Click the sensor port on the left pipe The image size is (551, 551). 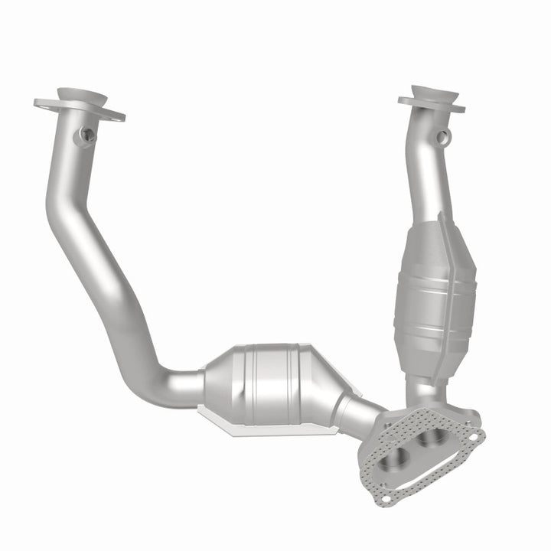(86, 135)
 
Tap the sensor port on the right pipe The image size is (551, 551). (442, 137)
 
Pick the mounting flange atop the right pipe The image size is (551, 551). (431, 105)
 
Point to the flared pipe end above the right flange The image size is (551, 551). (434, 92)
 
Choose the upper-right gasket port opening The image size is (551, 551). (436, 436)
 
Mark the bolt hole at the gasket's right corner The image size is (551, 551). (478, 436)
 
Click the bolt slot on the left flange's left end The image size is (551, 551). (43, 103)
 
